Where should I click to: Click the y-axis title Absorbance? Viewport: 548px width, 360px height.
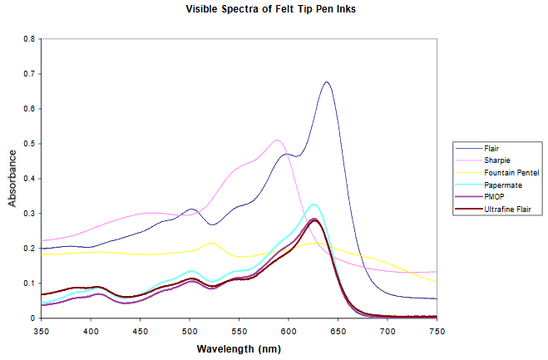(12, 178)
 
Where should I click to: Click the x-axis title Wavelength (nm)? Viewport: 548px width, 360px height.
(238, 348)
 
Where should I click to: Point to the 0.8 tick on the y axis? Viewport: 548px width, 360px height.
(30, 39)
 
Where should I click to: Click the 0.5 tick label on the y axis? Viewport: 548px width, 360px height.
(30, 144)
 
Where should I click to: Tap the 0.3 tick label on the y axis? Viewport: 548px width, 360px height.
(30, 214)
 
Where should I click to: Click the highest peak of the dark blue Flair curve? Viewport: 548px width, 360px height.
(327, 82)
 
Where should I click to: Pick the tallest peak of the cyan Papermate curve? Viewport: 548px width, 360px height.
(313, 204)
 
